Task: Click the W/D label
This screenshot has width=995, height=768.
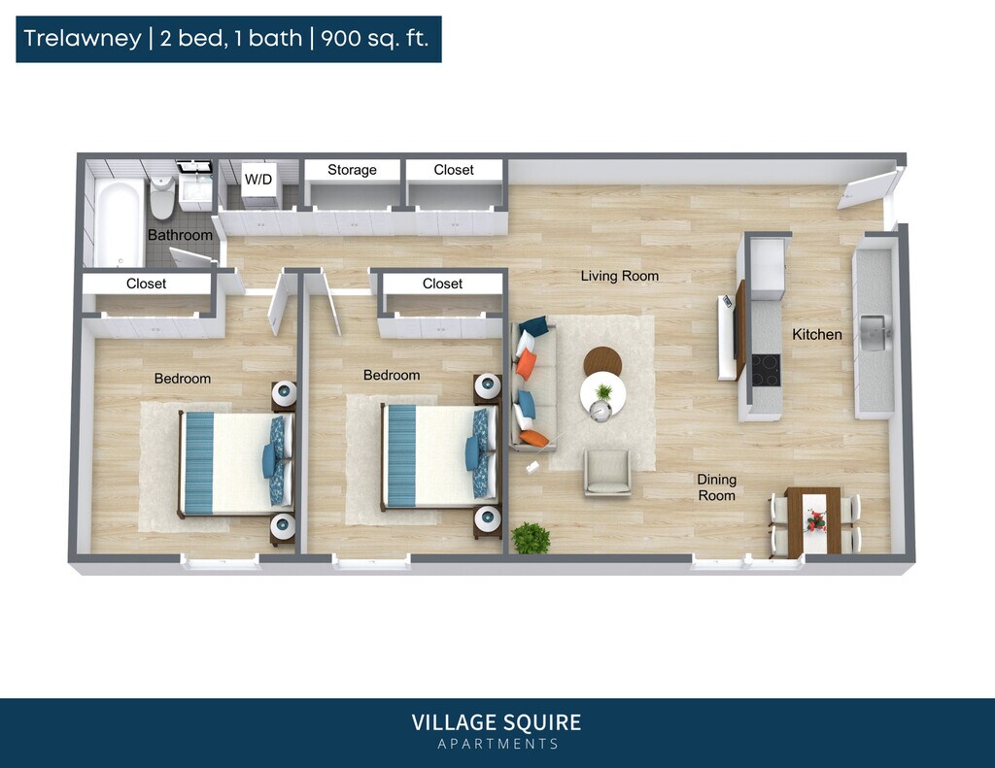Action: pyautogui.click(x=258, y=179)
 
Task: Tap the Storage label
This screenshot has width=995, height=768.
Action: pyautogui.click(x=352, y=170)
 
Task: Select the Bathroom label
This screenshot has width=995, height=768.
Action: pyautogui.click(x=180, y=235)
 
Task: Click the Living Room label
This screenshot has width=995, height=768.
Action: pyautogui.click(x=620, y=276)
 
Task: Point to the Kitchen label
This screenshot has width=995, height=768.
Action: pyautogui.click(x=817, y=334)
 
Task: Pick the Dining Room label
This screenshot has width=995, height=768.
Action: pyautogui.click(x=717, y=487)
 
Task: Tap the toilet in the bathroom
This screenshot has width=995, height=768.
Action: pyautogui.click(x=161, y=198)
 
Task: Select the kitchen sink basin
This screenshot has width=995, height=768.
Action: pyautogui.click(x=875, y=332)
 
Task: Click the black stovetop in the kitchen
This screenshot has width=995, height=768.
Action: pyautogui.click(x=766, y=370)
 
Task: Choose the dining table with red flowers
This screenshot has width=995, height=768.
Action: pyautogui.click(x=814, y=521)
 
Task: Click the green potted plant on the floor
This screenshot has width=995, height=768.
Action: pyautogui.click(x=531, y=538)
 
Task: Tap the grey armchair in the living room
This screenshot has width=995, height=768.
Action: pyautogui.click(x=607, y=473)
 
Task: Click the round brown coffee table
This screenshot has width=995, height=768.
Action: pyautogui.click(x=602, y=360)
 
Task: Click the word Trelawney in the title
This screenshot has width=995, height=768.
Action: pyautogui.click(x=82, y=39)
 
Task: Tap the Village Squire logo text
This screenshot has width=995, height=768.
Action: pyautogui.click(x=497, y=722)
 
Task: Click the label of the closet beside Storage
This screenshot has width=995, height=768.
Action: pyautogui.click(x=454, y=170)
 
